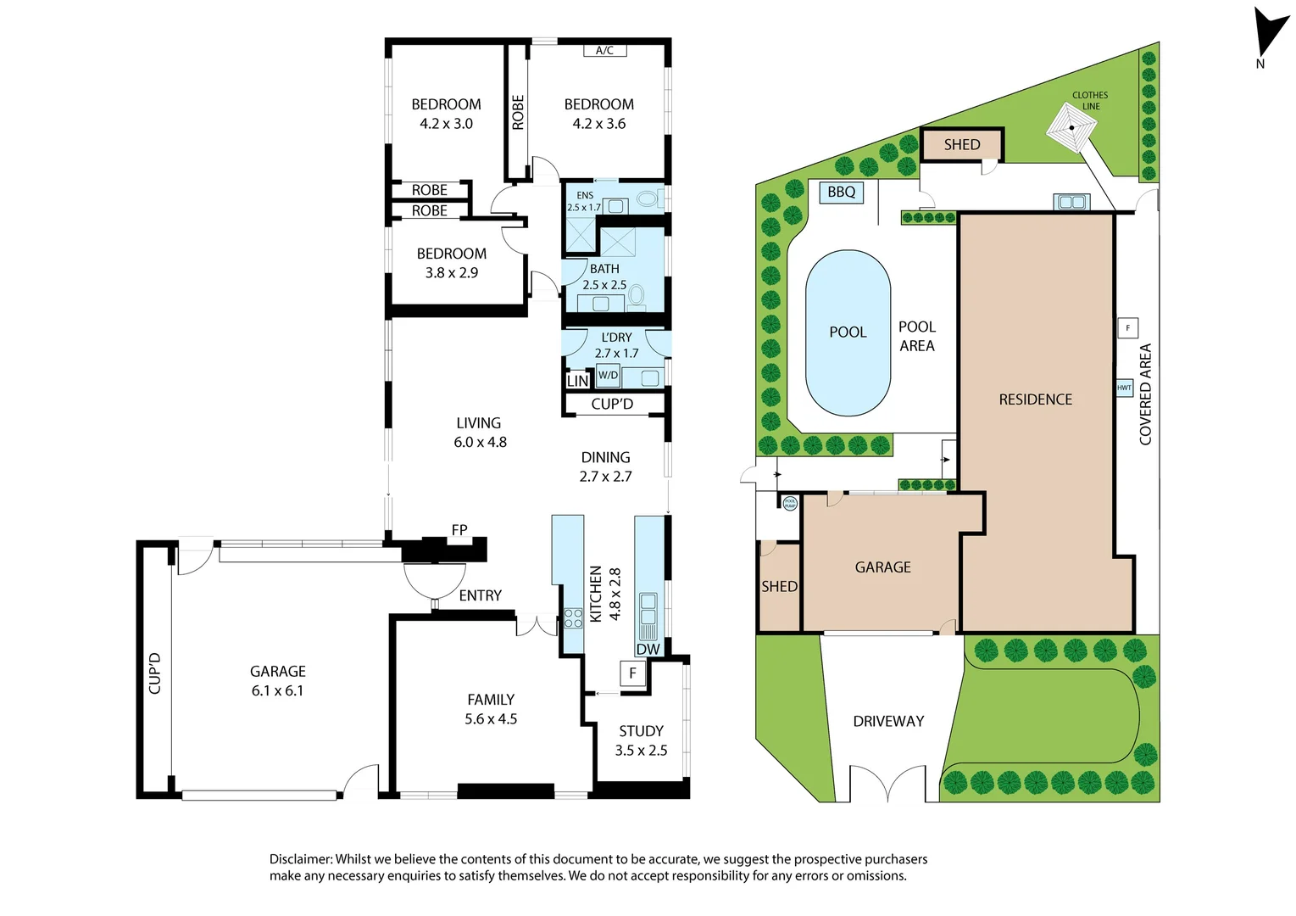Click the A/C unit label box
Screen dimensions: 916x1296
pyautogui.click(x=604, y=51)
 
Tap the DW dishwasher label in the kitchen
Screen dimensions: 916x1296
pyautogui.click(x=648, y=650)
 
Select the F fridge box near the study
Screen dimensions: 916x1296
pyautogui.click(x=632, y=673)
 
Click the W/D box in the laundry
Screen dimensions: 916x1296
pyautogui.click(x=608, y=375)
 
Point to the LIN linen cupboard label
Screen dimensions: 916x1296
pyautogui.click(x=577, y=381)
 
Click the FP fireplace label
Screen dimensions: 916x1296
pyautogui.click(x=459, y=530)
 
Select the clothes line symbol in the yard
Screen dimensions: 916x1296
pyautogui.click(x=1071, y=128)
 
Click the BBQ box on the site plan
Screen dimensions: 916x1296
pyautogui.click(x=841, y=193)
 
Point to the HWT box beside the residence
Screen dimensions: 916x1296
pyautogui.click(x=1124, y=388)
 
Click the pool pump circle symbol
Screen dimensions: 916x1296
pyautogui.click(x=790, y=503)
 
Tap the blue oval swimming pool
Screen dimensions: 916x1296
pyautogui.click(x=848, y=332)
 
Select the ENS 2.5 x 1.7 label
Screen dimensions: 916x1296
pyautogui.click(x=584, y=201)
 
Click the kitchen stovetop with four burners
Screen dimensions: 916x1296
pyautogui.click(x=573, y=617)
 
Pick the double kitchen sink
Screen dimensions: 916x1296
pyautogui.click(x=648, y=607)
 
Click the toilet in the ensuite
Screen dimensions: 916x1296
pyautogui.click(x=647, y=199)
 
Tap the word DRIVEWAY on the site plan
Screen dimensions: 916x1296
pyautogui.click(x=888, y=721)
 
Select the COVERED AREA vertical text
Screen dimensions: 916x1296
pyautogui.click(x=1145, y=394)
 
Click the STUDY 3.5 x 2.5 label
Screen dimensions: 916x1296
pyautogui.click(x=641, y=740)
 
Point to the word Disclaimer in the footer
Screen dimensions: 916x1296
pyautogui.click(x=301, y=859)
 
